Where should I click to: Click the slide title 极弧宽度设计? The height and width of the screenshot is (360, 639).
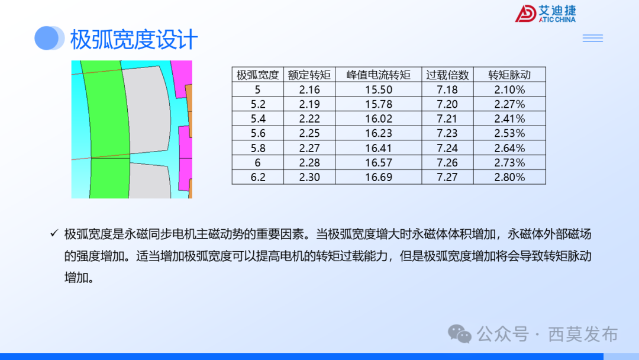click(x=134, y=40)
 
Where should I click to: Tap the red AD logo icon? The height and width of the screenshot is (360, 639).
click(x=525, y=14)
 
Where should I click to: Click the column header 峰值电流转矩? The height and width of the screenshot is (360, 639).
click(x=378, y=75)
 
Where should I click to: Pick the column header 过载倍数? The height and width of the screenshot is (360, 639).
click(x=447, y=75)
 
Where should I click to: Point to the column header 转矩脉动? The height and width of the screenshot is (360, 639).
click(x=509, y=75)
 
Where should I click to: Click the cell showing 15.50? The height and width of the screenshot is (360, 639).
click(x=378, y=89)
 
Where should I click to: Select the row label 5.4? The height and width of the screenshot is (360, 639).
click(x=257, y=118)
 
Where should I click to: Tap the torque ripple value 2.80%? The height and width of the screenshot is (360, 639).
click(x=509, y=177)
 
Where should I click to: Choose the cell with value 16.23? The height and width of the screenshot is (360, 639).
click(x=378, y=133)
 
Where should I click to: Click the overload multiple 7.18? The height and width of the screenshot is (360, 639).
click(x=447, y=89)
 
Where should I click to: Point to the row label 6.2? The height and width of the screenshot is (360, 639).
click(x=257, y=177)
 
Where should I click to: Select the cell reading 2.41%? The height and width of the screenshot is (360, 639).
click(x=509, y=118)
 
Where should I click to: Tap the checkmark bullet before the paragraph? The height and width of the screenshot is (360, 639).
click(x=54, y=234)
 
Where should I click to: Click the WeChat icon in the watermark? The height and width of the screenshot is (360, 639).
click(x=459, y=334)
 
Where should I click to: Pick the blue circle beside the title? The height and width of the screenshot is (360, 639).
click(x=47, y=38)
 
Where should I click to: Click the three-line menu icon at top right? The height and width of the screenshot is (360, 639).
click(x=592, y=38)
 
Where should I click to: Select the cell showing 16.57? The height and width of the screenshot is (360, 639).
click(x=378, y=162)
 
